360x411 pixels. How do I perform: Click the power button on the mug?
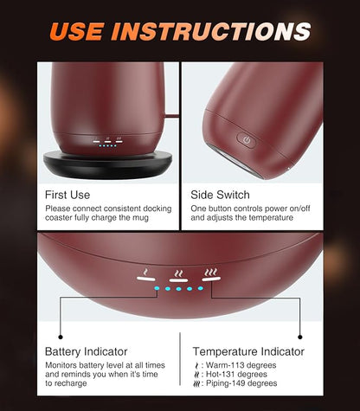tap(246, 140)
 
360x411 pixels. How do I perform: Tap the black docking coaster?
tap(107, 164)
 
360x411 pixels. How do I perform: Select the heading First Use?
tap(67, 195)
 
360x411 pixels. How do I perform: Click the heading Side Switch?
tap(220, 195)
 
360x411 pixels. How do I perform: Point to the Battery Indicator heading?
tap(87, 351)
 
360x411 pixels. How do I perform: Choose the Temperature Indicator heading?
tap(248, 351)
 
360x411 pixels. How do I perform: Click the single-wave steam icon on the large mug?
tap(146, 272)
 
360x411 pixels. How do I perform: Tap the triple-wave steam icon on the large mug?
tap(211, 272)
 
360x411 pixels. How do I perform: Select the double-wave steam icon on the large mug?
tap(179, 273)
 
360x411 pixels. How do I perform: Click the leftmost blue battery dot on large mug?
tap(157, 288)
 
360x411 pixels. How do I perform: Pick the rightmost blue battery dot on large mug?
tap(201, 288)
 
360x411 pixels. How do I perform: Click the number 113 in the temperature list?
tap(236, 365)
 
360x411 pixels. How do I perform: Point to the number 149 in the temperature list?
tap(237, 383)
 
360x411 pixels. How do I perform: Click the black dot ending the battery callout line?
tap(61, 337)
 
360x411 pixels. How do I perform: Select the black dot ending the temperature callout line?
tap(300, 337)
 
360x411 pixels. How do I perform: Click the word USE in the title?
tap(77, 31)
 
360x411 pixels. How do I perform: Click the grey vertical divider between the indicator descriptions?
tap(180, 359)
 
